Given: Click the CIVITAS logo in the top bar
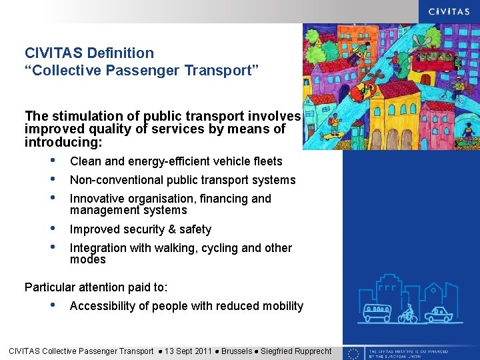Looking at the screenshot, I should [446, 11].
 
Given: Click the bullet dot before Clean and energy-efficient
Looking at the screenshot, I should [53, 161].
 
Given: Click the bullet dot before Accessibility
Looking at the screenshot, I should [53, 306].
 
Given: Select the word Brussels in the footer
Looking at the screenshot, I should [238, 351].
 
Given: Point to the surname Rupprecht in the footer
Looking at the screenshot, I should [307, 351].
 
